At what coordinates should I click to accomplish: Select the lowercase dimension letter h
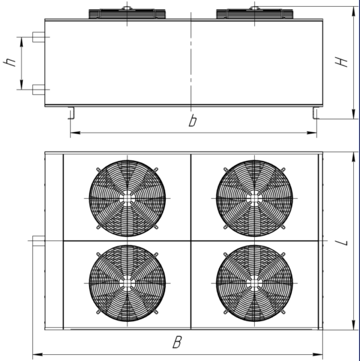pos(9,62)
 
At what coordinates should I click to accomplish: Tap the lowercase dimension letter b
pos(193,121)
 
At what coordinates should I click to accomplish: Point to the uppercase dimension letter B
pos(177,342)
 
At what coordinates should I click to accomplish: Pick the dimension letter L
pos(341,242)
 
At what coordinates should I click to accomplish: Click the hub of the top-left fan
pos(127,198)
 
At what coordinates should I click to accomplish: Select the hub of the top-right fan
pos(254,198)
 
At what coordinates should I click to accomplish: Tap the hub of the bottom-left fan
pos(127,283)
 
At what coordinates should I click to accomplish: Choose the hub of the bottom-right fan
pos(254,283)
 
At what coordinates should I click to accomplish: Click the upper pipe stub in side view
pos(38,37)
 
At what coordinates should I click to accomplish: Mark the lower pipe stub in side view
pos(38,90)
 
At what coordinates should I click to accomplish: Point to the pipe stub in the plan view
pos(38,241)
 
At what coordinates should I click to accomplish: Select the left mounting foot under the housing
pos(71,113)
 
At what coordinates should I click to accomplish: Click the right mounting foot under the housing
pos(316,113)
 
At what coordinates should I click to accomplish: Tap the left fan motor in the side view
pos(127,13)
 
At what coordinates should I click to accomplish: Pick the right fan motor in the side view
pos(254,13)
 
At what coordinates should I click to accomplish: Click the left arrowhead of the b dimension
pos(76,133)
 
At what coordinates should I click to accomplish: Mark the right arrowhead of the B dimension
pos(318,354)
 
